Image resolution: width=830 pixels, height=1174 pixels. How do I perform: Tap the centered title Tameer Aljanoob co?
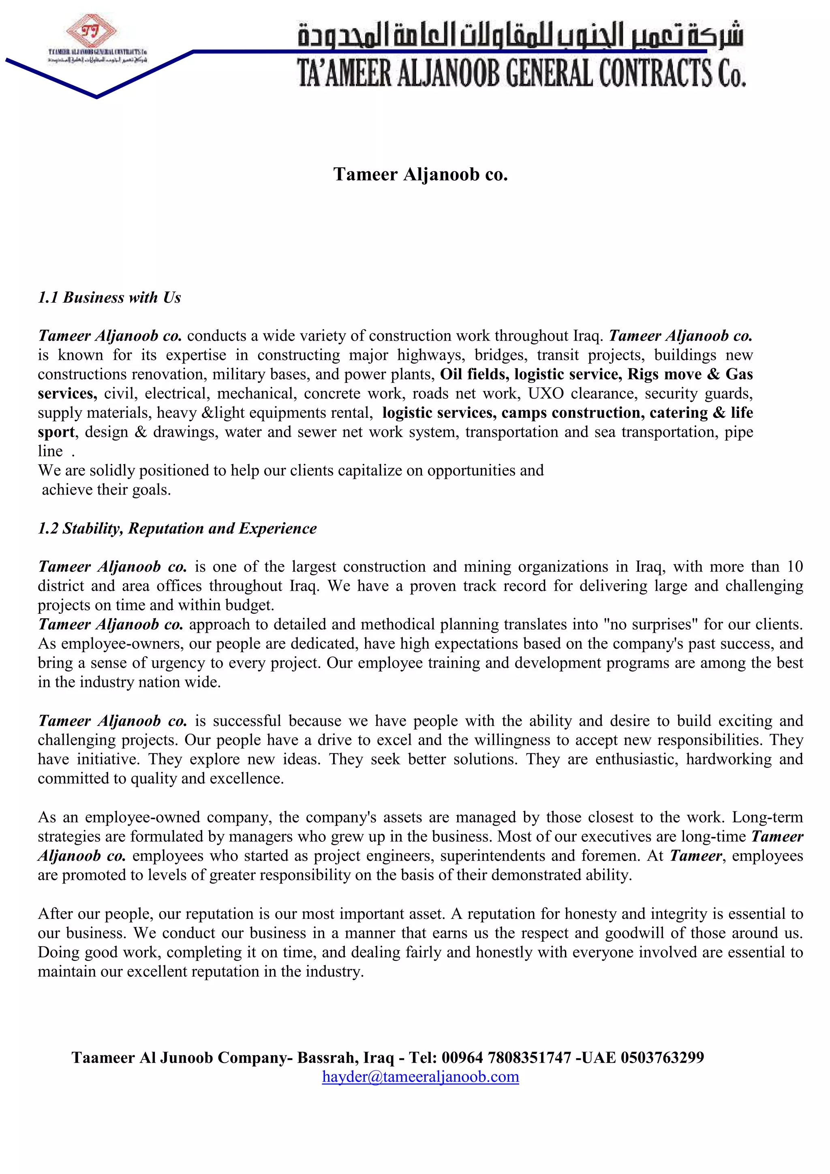coord(420,174)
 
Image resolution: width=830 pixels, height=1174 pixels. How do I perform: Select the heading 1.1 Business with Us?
coord(109,298)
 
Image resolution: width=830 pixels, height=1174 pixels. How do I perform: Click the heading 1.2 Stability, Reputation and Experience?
coord(177,528)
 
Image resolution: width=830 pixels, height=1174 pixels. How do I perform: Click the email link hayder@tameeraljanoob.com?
coord(420,1076)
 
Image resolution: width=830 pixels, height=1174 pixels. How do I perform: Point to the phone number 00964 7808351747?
coord(506,1057)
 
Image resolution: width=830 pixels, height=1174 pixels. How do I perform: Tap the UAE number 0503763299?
coord(662,1057)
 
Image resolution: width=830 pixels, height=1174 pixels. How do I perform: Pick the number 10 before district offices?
coord(795,567)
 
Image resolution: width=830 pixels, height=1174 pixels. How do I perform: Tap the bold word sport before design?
coord(56,432)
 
